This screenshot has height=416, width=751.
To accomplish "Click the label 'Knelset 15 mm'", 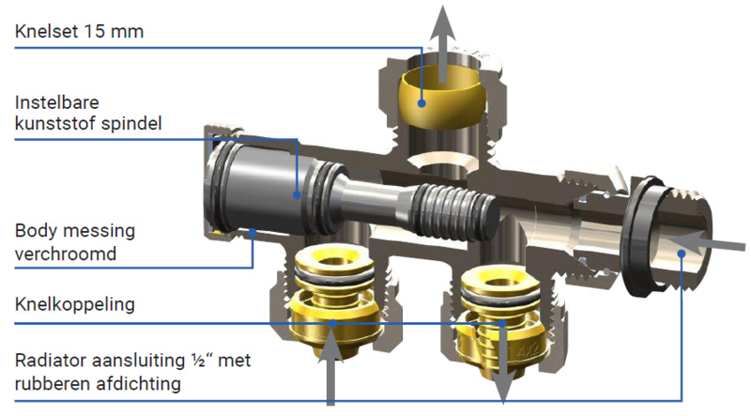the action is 79,32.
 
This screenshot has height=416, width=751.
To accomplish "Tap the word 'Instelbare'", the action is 57,102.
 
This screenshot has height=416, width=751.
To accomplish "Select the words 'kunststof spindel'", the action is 88,124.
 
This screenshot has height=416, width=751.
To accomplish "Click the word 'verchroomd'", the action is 66,254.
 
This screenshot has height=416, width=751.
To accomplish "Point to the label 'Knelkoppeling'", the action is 75,304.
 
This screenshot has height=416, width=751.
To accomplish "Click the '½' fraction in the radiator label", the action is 201,360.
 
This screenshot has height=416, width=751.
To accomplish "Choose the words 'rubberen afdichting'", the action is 98,383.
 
